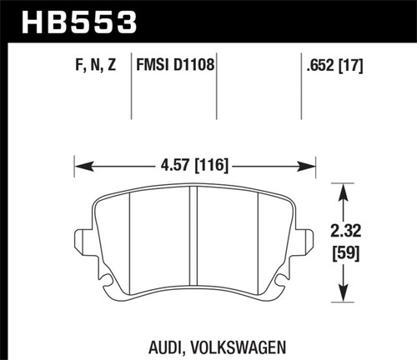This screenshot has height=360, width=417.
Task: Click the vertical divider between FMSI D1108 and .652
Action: [300, 92]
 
